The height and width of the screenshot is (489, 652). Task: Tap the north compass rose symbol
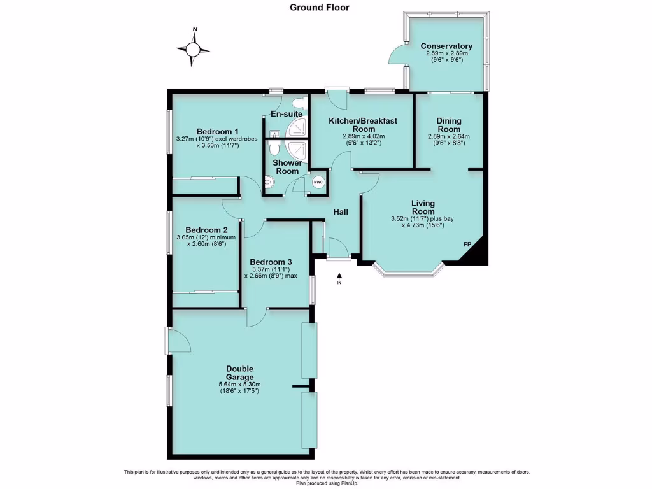click(x=194, y=48)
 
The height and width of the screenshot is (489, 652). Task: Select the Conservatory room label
click(x=446, y=46)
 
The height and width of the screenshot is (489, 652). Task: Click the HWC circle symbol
click(x=318, y=183)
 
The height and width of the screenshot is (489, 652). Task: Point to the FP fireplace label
click(x=467, y=244)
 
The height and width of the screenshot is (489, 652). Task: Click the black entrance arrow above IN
click(x=339, y=275)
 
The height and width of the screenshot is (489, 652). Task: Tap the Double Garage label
click(x=239, y=373)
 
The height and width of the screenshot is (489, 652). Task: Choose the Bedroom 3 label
click(x=271, y=262)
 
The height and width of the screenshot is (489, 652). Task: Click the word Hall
click(x=340, y=212)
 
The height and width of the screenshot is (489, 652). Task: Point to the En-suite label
click(x=287, y=114)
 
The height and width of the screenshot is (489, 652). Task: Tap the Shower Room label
click(x=287, y=167)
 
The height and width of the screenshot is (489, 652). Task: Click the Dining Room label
click(x=449, y=125)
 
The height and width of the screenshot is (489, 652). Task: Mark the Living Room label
click(x=423, y=208)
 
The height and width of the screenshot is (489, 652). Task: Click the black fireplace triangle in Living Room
click(x=478, y=253)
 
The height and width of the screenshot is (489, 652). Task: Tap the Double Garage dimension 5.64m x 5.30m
click(x=239, y=385)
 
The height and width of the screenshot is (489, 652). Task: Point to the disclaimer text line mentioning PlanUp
click(x=327, y=484)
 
